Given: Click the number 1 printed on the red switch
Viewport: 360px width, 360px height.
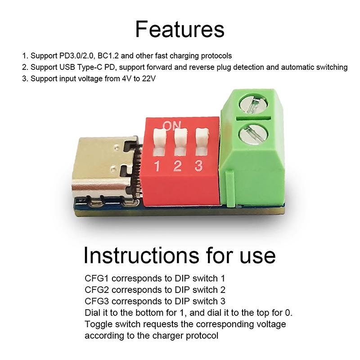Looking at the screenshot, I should (157, 166).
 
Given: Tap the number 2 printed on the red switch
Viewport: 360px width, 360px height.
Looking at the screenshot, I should (177, 166).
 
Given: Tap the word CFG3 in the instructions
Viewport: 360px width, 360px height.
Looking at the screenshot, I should (96, 301).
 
